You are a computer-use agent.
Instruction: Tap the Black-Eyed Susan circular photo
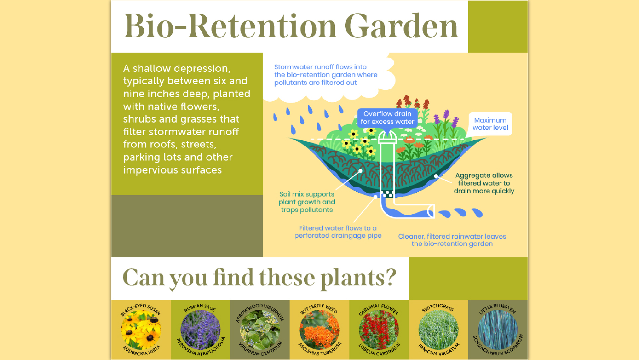[x=141, y=330]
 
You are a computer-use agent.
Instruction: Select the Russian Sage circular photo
[x=200, y=330]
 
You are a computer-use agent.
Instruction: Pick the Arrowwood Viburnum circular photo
[x=260, y=330]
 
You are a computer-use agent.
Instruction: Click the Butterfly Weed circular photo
[x=319, y=330]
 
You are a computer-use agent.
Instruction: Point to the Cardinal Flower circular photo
[x=379, y=330]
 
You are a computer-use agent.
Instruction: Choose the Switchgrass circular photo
[x=438, y=330]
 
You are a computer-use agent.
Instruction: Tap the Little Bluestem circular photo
[x=498, y=330]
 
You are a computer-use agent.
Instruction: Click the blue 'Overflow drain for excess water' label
[x=387, y=118]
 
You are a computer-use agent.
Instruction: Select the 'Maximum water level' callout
[x=490, y=124]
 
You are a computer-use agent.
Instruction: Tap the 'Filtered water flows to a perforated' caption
[x=338, y=232]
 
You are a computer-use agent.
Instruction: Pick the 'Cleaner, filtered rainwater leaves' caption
[x=452, y=240]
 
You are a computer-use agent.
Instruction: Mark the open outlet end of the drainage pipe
[x=431, y=212]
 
